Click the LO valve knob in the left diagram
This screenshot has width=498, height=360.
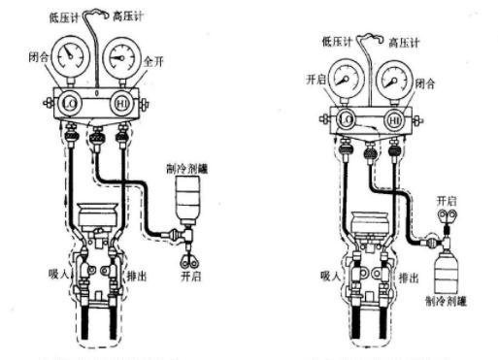(68, 99)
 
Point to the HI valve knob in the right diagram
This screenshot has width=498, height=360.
(393, 118)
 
